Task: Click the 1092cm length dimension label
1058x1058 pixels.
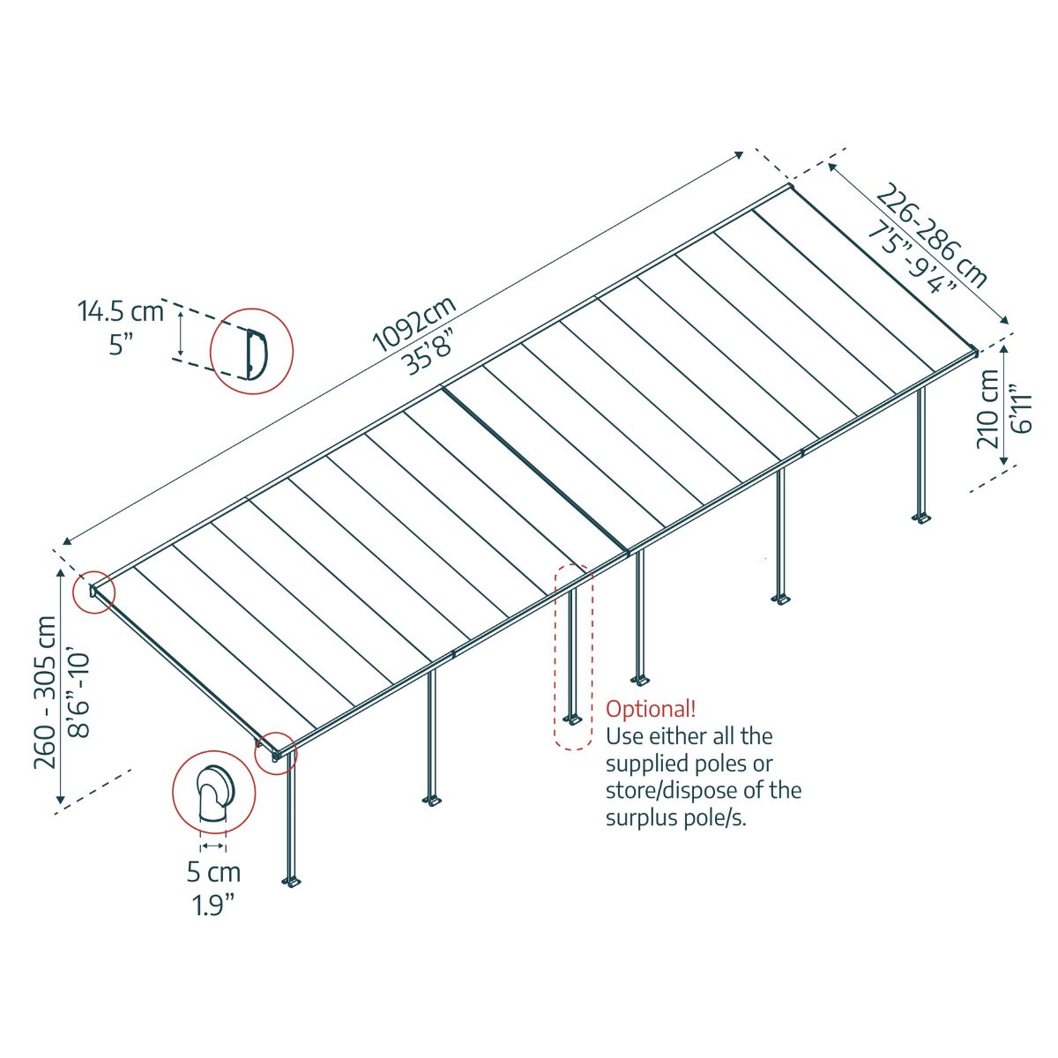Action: pos(414,324)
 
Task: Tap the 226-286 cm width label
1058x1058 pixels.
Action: pos(932,235)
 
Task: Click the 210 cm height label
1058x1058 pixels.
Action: pos(988,409)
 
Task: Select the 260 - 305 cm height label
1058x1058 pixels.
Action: pos(45,693)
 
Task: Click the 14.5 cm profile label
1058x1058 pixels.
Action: pos(121,311)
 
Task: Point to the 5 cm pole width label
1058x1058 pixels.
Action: pos(213,873)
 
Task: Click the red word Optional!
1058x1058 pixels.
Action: pos(651,709)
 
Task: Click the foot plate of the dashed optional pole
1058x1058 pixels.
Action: pos(574,721)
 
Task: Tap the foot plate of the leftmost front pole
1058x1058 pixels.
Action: pos(292,881)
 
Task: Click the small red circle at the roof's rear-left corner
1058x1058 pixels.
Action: pos(92,592)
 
